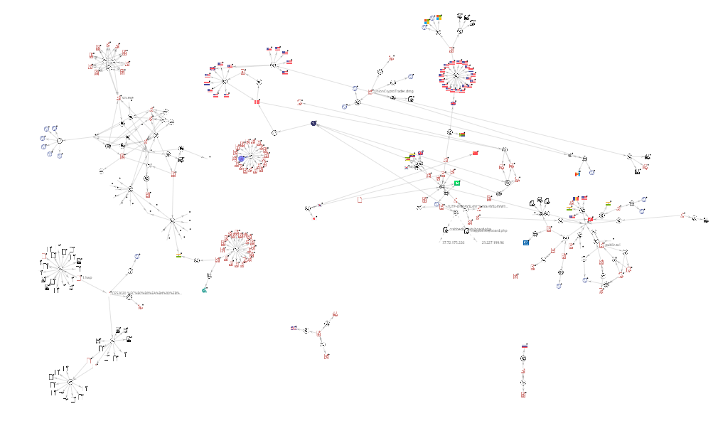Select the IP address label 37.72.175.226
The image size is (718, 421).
coord(453,243)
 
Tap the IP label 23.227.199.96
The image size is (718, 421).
coord(492,243)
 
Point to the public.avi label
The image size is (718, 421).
coord(613,245)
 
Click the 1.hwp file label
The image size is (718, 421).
coord(88,277)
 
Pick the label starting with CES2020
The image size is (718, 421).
coord(146,292)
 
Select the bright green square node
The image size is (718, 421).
coord(458,183)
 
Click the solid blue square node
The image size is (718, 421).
coord(526,243)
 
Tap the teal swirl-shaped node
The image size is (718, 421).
coord(205,289)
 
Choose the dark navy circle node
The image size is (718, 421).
coord(314,124)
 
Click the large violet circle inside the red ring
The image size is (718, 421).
coord(242,159)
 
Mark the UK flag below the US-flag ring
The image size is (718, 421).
coord(453,103)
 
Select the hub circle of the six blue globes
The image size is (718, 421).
coord(60,141)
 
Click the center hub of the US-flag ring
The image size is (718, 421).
coord(456,75)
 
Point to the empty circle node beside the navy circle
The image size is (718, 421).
coord(275,132)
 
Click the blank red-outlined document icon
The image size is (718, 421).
coord(360,199)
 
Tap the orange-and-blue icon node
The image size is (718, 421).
coord(578,173)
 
